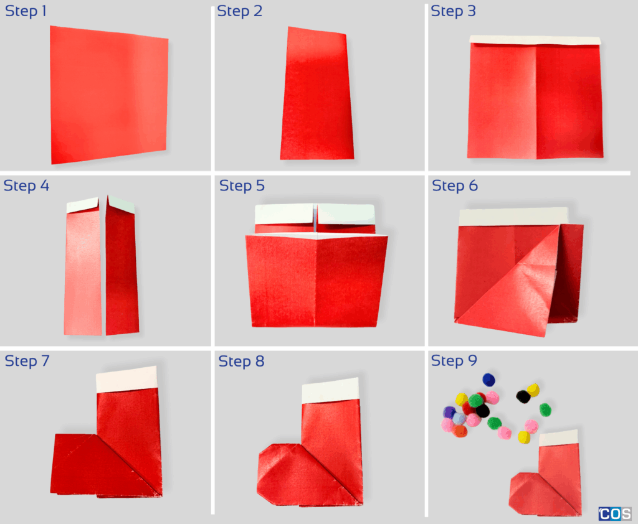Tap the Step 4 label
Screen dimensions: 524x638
coord(26,185)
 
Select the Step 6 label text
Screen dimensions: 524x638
coord(455,185)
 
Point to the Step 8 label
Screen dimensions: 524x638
coord(241,361)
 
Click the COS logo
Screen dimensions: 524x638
coord(614,514)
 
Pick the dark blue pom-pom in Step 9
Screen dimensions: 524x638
coord(488,379)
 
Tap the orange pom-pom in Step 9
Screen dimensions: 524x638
coord(460,431)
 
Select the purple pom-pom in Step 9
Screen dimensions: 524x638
coord(449,412)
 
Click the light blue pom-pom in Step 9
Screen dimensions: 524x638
coord(459,418)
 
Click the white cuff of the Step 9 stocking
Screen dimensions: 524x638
coord(558,438)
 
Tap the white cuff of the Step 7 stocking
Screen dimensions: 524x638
coord(126,380)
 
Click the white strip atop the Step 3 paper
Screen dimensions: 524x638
coord(535,40)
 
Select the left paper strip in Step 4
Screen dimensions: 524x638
coord(83,268)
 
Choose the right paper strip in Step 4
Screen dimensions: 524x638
coord(122,268)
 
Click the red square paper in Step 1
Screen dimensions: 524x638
coord(109,93)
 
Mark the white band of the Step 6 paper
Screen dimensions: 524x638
coord(513,217)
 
